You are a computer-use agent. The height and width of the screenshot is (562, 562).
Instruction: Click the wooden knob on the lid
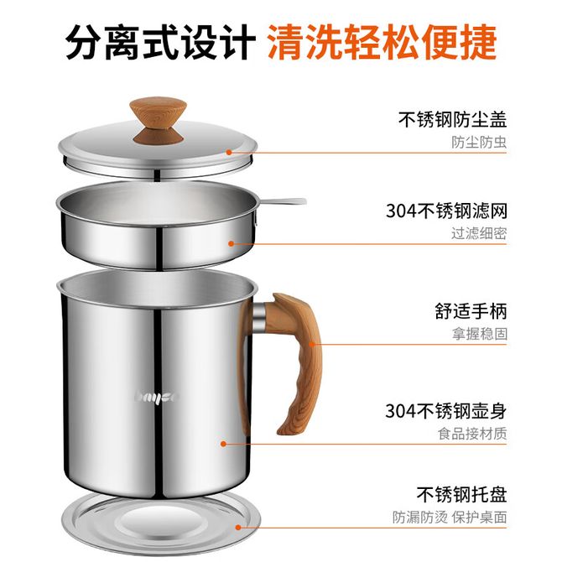pyautogui.click(x=158, y=121)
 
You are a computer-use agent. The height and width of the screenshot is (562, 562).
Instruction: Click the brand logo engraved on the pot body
pyautogui.click(x=156, y=398)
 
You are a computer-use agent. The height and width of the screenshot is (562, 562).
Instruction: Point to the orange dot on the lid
pyautogui.click(x=229, y=153)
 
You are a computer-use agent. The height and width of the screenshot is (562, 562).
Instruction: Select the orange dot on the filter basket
pyautogui.click(x=232, y=244)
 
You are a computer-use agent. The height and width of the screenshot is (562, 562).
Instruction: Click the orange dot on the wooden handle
pyautogui.click(x=311, y=345)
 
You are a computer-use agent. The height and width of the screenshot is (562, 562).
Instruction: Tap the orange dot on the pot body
pyautogui.click(x=224, y=444)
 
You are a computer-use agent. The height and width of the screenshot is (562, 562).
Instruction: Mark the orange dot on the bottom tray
pyautogui.click(x=238, y=528)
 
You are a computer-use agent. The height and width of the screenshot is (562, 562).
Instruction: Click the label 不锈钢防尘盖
pyautogui.click(x=452, y=120)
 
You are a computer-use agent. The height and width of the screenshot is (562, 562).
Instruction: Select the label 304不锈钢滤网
pyautogui.click(x=446, y=211)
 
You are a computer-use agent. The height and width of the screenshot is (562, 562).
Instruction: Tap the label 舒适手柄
pyautogui.click(x=471, y=311)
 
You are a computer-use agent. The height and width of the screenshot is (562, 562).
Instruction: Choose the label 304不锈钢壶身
pyautogui.click(x=446, y=411)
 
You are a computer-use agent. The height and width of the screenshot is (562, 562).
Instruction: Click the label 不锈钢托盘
pyautogui.click(x=461, y=495)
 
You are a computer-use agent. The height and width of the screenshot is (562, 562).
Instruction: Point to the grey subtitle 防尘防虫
pyautogui.click(x=479, y=143)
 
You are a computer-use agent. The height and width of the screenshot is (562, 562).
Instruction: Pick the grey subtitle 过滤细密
pyautogui.click(x=479, y=234)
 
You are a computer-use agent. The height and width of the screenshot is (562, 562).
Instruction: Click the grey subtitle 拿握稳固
pyautogui.click(x=479, y=334)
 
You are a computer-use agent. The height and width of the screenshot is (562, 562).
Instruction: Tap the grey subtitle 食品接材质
pyautogui.click(x=472, y=434)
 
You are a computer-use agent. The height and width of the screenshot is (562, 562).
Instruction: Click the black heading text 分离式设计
pyautogui.click(x=160, y=42)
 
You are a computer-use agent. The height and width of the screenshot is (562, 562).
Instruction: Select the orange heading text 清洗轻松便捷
pyautogui.click(x=382, y=42)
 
